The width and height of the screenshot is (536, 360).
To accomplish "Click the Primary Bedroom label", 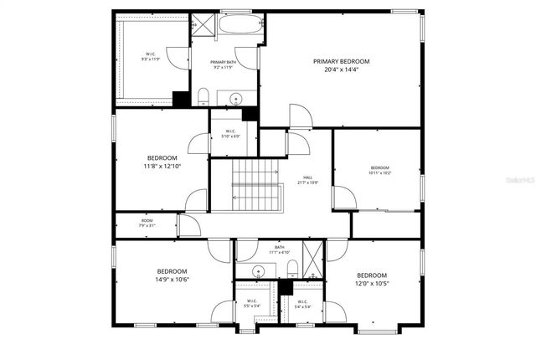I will click(x=341, y=61).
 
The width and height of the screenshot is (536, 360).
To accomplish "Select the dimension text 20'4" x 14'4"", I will click(x=341, y=70).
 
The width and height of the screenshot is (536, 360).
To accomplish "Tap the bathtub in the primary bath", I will click(x=240, y=24).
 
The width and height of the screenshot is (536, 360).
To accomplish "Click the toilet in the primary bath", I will click(x=204, y=95).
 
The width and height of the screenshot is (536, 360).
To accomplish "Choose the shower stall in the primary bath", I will click(x=202, y=24).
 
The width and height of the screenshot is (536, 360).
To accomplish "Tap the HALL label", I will click(x=308, y=177).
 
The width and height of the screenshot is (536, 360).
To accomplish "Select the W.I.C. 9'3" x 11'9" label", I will click(x=149, y=57).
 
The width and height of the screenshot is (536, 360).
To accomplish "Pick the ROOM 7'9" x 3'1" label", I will click(x=147, y=223).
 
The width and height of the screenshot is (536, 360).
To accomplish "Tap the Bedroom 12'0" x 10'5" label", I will click(x=372, y=280).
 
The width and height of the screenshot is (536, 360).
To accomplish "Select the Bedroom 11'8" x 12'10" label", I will click(x=162, y=162).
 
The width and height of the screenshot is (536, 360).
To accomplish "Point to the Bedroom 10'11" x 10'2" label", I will click(x=380, y=170).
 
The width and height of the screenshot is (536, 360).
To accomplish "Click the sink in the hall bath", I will click(x=258, y=270).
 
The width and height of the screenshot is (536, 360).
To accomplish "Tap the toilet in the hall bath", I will click(x=289, y=269).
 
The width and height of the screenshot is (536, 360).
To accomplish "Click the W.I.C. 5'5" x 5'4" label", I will click(x=250, y=304).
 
